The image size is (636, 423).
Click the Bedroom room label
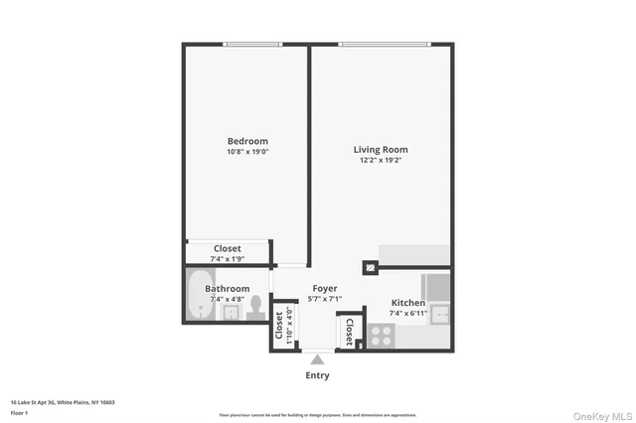coord(247,141)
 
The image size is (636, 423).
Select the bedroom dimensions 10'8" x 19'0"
coord(247,152)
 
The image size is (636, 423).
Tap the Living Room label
coord(381,150)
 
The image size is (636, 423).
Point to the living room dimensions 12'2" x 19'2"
coord(381,161)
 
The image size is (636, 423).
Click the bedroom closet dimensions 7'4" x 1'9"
coord(227,258)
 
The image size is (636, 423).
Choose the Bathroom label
coord(228,289)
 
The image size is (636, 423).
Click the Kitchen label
coord(407,303)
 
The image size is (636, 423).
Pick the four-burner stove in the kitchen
coord(382,337)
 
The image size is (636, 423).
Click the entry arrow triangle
coord(317,359)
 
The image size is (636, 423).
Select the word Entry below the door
coord(317,375)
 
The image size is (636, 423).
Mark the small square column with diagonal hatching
coord(370,267)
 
